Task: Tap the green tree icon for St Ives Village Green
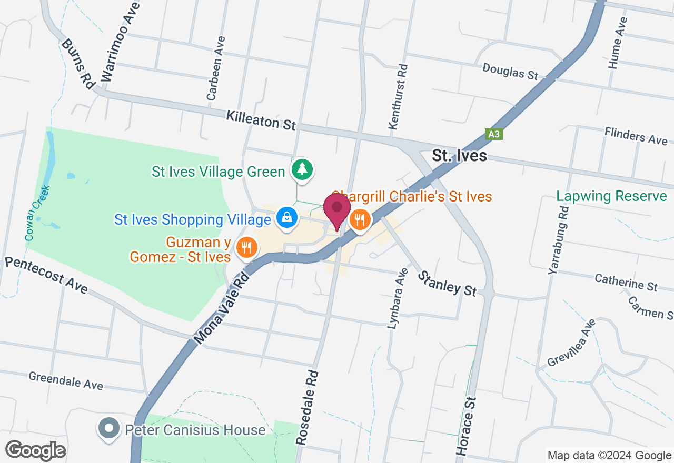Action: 302,169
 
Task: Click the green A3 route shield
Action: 494,134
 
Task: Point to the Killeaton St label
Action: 261,120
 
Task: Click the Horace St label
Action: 468,420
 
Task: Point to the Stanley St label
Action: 448,283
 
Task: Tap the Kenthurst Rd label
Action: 398,97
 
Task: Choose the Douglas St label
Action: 510,71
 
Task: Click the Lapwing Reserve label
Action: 611,196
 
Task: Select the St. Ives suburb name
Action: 459,156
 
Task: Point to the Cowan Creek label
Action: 37,213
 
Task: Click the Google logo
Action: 35,450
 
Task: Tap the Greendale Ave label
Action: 66,380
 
